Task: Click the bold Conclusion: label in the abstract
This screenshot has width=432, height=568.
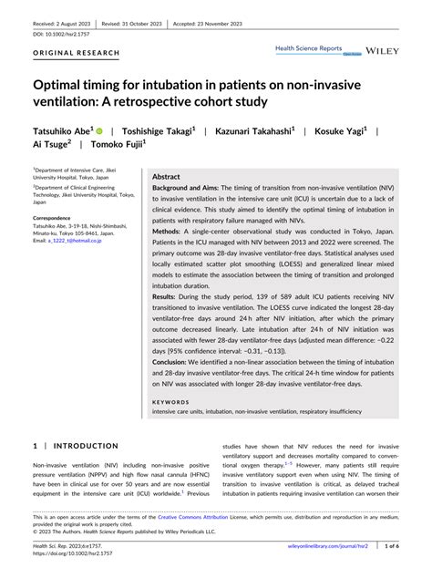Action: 174,362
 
